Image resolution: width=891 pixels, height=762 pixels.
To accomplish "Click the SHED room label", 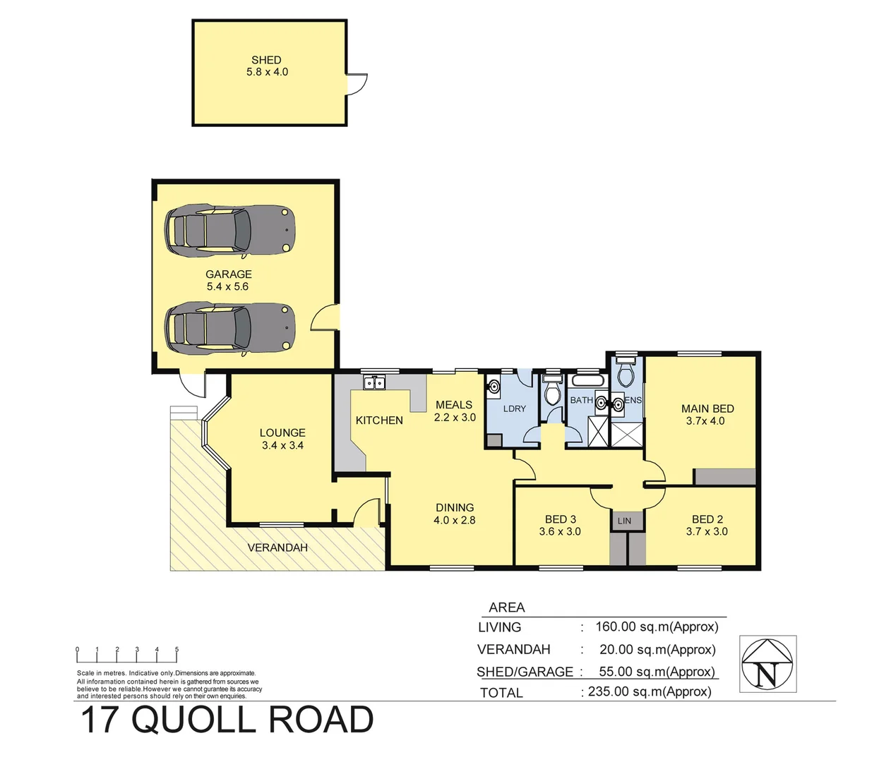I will (266, 60).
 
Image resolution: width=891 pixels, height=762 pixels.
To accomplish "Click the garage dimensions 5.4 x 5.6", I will (227, 286).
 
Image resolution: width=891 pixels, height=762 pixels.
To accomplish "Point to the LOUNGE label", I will (282, 433).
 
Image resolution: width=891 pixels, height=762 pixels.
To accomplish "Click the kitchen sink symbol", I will (374, 383).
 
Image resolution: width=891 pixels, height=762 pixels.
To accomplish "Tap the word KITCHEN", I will (379, 421).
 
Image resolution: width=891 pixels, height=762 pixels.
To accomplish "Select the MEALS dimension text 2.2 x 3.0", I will (455, 417).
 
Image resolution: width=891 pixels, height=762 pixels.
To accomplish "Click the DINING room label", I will (455, 507).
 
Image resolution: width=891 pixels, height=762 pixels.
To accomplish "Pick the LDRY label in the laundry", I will (515, 409).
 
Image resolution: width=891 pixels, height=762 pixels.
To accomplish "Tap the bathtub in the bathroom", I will (587, 381).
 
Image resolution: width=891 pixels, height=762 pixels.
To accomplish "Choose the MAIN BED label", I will (707, 409).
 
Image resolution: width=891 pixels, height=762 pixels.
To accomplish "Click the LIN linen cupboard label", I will (624, 521).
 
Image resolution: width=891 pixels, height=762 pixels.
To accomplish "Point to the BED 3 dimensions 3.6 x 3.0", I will (560, 531).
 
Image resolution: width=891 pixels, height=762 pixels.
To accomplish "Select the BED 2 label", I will (707, 519).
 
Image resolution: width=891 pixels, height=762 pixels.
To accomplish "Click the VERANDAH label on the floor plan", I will (277, 548).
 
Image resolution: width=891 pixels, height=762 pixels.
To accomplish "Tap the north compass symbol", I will (767, 664).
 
